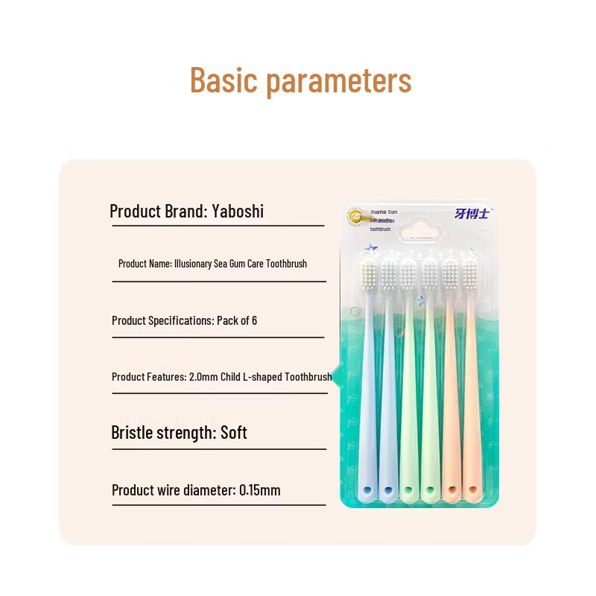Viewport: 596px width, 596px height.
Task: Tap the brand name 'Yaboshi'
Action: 236,211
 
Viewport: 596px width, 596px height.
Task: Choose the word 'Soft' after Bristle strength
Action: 234,433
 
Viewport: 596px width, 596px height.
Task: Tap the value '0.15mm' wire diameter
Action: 260,490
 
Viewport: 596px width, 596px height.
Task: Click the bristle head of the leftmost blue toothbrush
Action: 367,275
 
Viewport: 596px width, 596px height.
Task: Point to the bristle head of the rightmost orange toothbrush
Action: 471,275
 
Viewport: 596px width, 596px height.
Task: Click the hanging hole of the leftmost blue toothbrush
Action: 367,491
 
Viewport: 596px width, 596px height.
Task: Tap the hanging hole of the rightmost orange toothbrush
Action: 471,491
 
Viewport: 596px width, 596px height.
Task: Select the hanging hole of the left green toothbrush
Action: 408,491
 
